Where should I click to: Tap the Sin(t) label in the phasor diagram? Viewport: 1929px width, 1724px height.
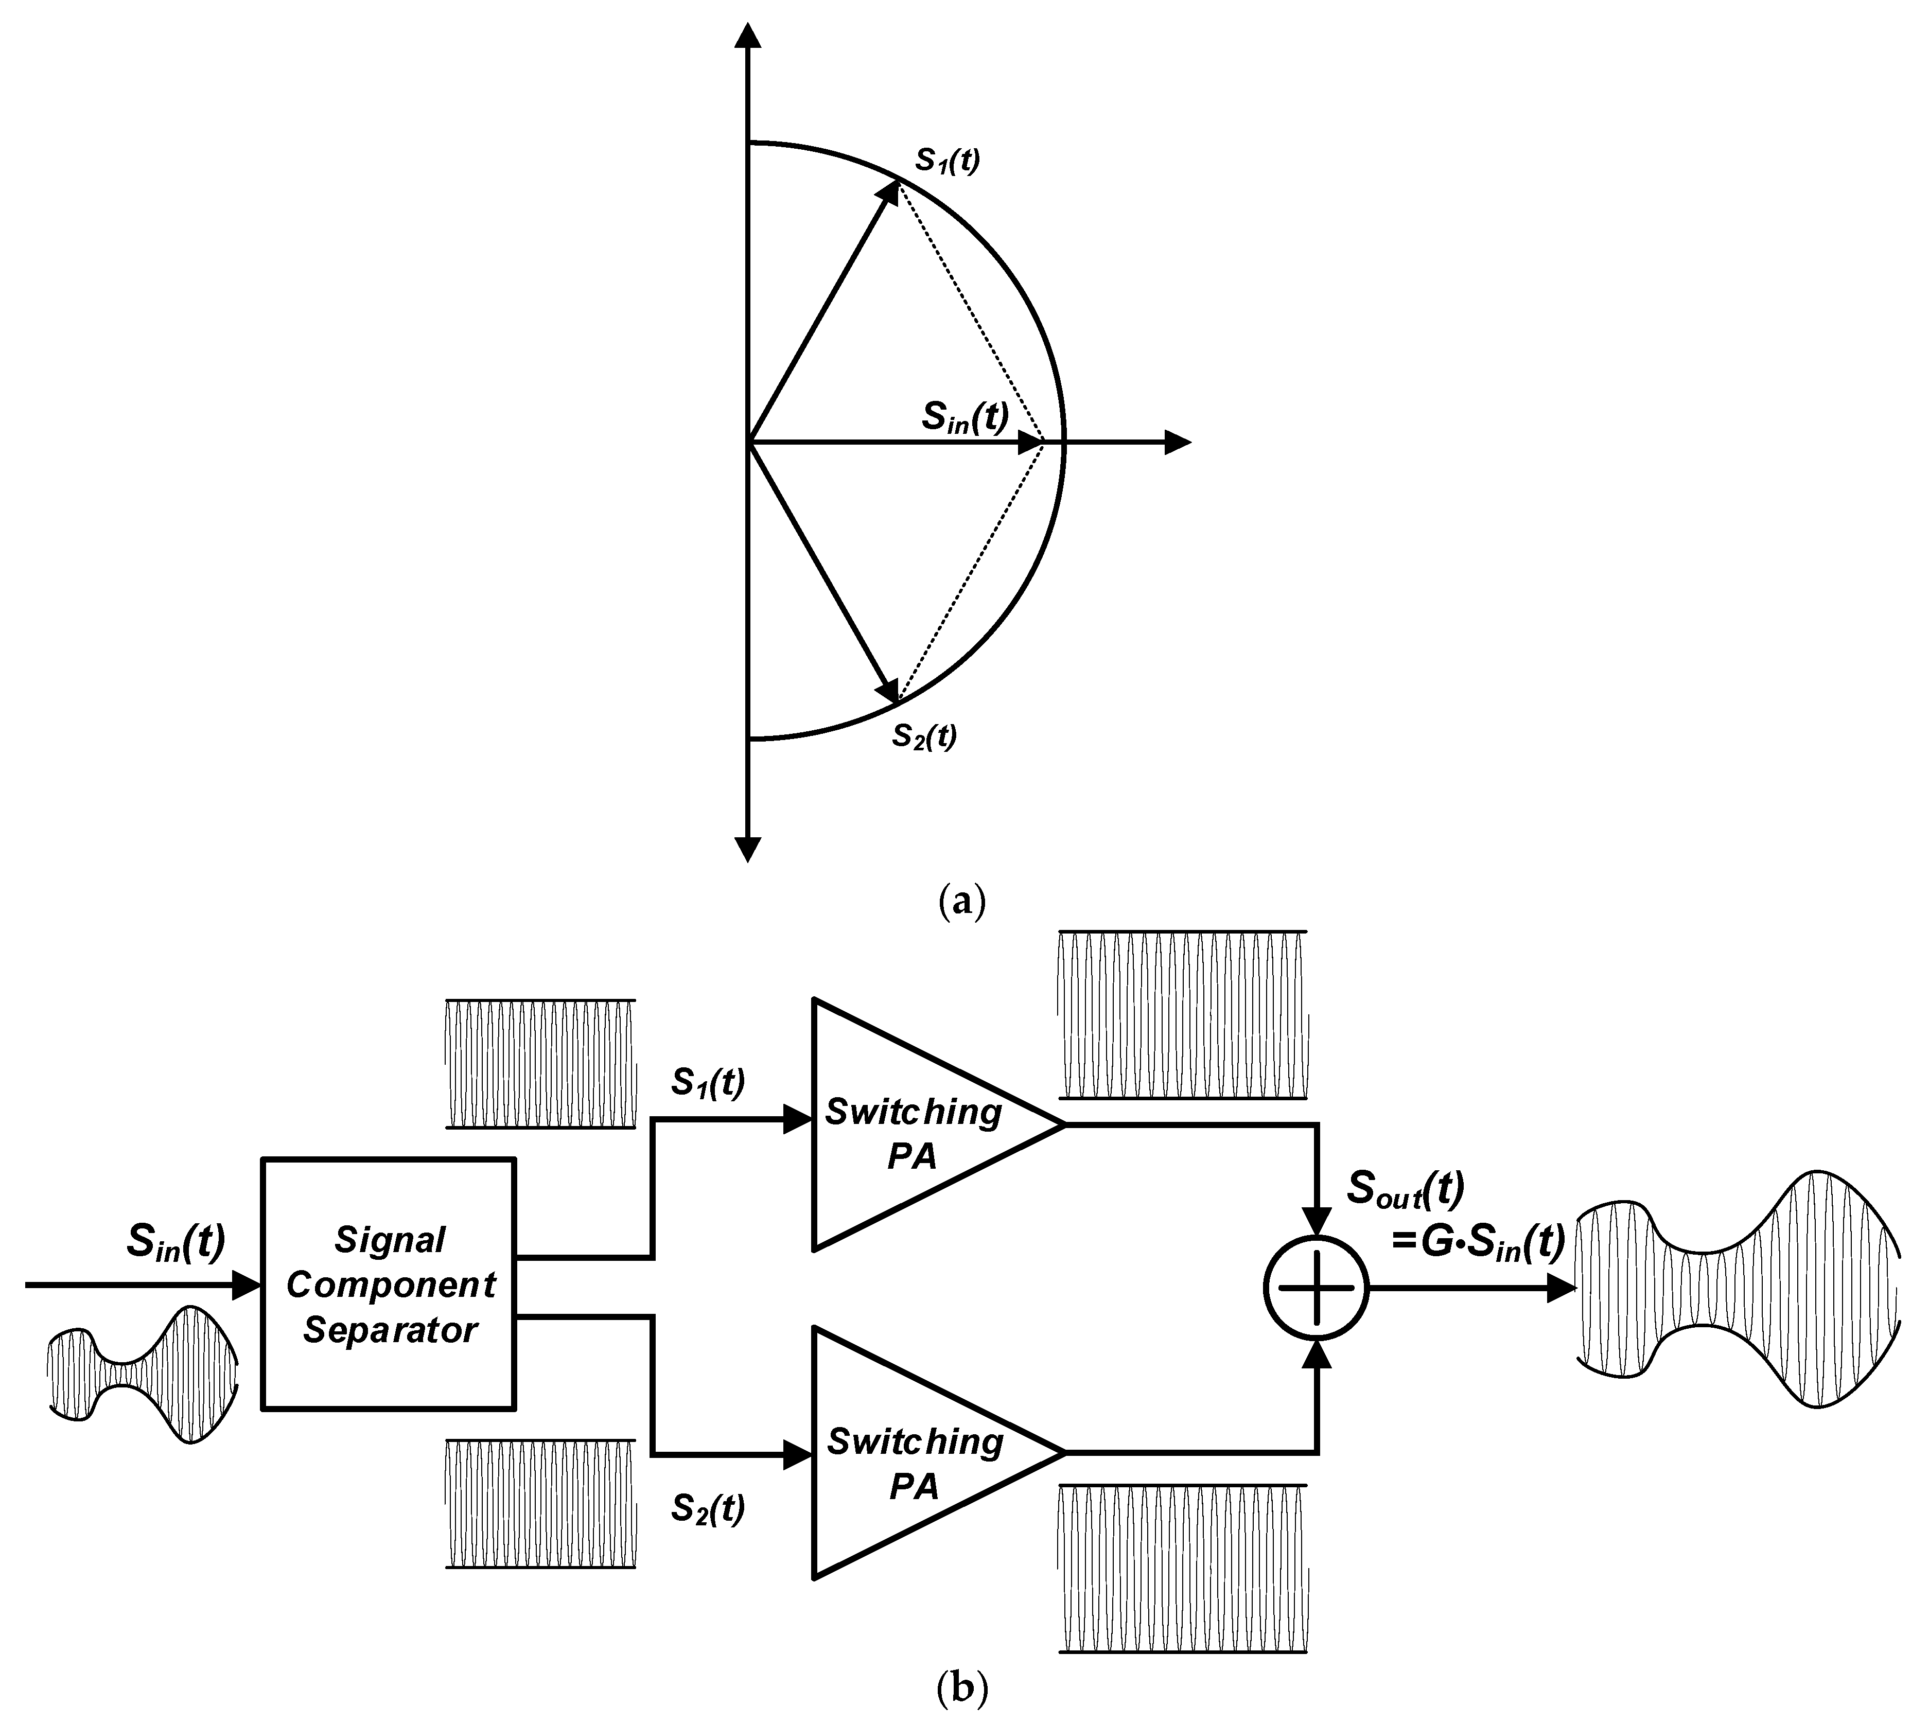pos(964,417)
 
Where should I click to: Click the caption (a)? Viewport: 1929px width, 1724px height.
pos(961,900)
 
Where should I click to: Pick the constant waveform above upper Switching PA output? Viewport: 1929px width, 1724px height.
pos(1182,1014)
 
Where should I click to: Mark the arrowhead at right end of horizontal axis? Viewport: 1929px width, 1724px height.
pos(1178,442)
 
